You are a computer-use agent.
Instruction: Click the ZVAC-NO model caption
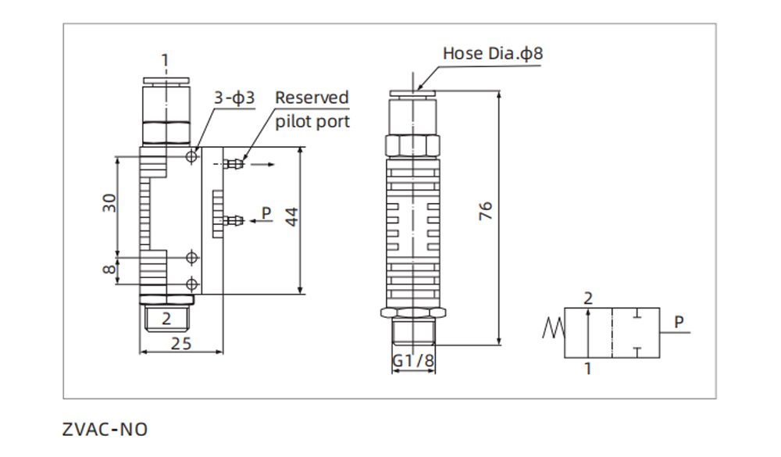(x=105, y=429)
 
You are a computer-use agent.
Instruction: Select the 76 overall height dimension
(x=486, y=212)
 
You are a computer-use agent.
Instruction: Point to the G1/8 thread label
(x=413, y=361)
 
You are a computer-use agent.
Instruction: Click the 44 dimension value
(x=291, y=217)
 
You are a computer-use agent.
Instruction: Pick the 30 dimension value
(x=110, y=203)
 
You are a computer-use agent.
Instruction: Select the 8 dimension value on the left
(x=110, y=270)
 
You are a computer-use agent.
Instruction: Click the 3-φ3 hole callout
(x=234, y=98)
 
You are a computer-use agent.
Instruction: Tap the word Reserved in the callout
(x=312, y=98)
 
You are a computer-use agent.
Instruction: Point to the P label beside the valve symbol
(x=679, y=320)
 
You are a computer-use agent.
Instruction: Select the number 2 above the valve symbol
(x=588, y=298)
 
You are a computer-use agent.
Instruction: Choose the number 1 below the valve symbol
(x=588, y=368)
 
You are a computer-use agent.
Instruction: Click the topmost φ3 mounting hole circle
(x=192, y=157)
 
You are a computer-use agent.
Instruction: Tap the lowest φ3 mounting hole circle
(x=192, y=282)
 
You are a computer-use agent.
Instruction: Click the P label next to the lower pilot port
(x=266, y=212)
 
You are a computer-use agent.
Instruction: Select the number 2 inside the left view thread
(x=166, y=318)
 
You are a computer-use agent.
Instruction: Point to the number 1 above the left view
(x=165, y=60)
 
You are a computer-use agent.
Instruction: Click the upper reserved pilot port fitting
(x=232, y=165)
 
